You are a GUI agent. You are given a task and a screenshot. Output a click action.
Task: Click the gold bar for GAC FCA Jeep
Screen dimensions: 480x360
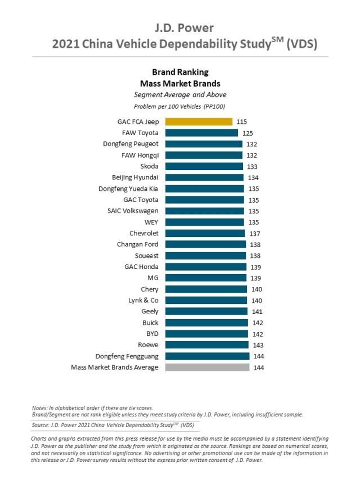(x=199, y=122)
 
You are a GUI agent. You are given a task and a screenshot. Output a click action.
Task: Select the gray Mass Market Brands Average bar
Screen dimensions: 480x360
(x=207, y=367)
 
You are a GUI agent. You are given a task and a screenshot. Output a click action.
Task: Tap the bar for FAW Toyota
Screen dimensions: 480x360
(x=201, y=133)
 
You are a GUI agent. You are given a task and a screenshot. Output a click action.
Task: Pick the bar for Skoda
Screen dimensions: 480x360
(x=204, y=166)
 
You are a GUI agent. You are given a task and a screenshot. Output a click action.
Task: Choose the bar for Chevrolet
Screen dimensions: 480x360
(x=205, y=233)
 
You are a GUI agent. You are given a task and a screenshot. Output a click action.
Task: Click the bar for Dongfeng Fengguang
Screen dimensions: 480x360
(x=207, y=356)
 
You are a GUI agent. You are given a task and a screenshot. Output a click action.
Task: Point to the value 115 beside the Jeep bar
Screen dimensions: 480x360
(x=242, y=122)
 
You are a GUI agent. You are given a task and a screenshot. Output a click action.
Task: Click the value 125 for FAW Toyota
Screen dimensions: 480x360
(x=247, y=133)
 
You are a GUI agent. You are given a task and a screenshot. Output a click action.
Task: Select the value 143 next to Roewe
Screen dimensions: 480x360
(x=258, y=345)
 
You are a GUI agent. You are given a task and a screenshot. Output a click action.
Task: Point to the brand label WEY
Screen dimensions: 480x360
(x=151, y=222)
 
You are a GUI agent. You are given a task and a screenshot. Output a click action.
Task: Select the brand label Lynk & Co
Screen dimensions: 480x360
(x=143, y=300)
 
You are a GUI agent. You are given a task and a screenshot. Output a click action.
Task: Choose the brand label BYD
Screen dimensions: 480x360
(x=152, y=334)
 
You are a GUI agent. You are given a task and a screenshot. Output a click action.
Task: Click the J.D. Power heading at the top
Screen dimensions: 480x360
(x=180, y=28)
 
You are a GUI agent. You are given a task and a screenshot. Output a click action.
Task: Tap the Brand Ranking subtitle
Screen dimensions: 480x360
(x=180, y=72)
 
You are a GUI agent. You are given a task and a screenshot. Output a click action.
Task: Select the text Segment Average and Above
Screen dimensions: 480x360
(x=180, y=95)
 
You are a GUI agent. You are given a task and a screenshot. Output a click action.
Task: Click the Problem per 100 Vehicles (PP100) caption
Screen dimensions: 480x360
(x=180, y=106)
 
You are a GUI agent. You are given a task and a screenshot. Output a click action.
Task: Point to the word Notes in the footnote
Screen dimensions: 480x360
(x=40, y=407)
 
